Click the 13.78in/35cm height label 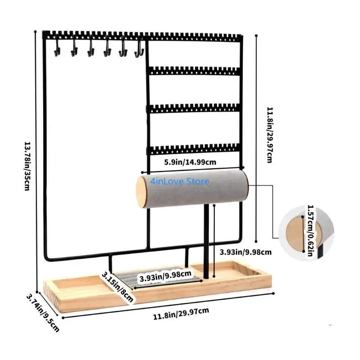click(27, 166)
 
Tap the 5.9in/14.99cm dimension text click(190, 162)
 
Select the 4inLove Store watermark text click(180, 181)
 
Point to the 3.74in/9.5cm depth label click(43, 313)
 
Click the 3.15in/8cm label click(117, 287)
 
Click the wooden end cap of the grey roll click(142, 192)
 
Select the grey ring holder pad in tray click(158, 278)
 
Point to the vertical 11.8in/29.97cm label click(270, 135)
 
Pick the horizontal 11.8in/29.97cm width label click(181, 314)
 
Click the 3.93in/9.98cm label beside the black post click(245, 252)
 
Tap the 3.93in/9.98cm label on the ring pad click(166, 276)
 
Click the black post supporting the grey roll click(207, 241)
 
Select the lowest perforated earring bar click(194, 149)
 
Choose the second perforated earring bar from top click(194, 71)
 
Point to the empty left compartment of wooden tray click(81, 283)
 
